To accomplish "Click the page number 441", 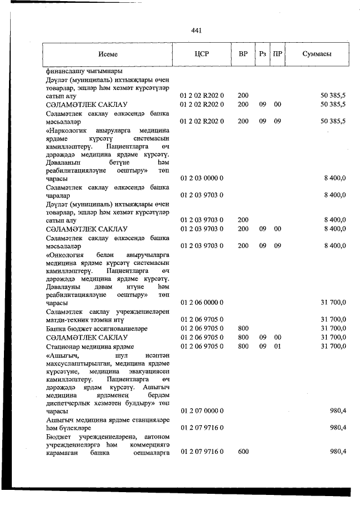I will pyautogui.click(x=197, y=30).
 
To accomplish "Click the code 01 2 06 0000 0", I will pyautogui.click(x=202, y=303).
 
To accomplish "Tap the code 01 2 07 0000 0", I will pyautogui.click(x=202, y=412).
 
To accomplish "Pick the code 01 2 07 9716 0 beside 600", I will pyautogui.click(x=202, y=452).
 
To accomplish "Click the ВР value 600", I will pyautogui.click(x=243, y=452).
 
